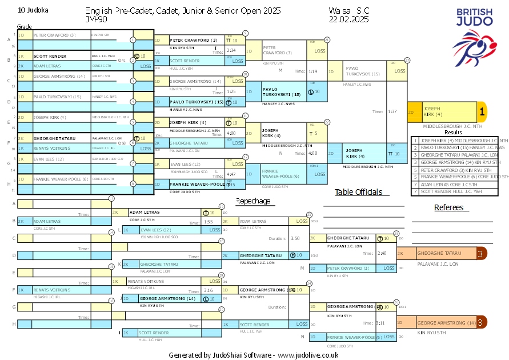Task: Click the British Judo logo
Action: point(474,36)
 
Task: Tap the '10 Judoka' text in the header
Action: point(34,10)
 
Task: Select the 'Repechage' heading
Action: point(253,201)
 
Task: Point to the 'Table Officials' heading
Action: point(358,192)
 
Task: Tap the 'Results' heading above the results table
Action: point(452,132)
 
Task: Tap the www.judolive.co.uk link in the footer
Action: point(308,355)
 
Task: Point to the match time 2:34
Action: point(231,50)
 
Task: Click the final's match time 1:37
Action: point(392,112)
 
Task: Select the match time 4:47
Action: point(231,174)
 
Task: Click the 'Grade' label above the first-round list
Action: point(24,27)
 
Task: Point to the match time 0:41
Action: point(121,60)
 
